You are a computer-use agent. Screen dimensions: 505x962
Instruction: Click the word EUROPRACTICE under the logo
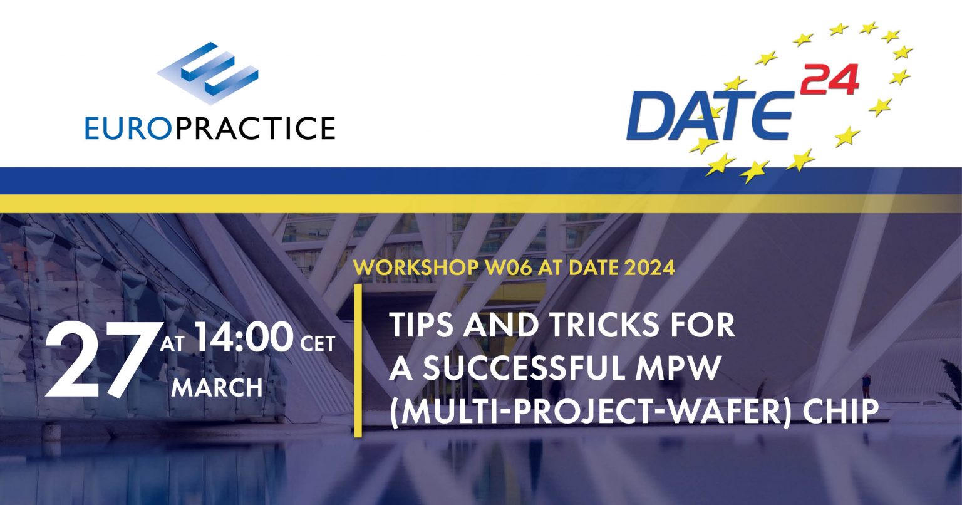(210, 127)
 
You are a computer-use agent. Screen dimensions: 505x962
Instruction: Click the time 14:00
(244, 339)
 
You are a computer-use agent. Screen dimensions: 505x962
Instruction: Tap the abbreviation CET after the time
(318, 343)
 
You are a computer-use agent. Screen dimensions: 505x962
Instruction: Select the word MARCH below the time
(217, 387)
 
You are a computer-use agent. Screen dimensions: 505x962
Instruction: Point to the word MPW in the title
(689, 370)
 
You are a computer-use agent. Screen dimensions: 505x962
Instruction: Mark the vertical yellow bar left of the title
(358, 360)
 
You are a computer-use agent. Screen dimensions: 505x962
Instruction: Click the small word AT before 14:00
(172, 343)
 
